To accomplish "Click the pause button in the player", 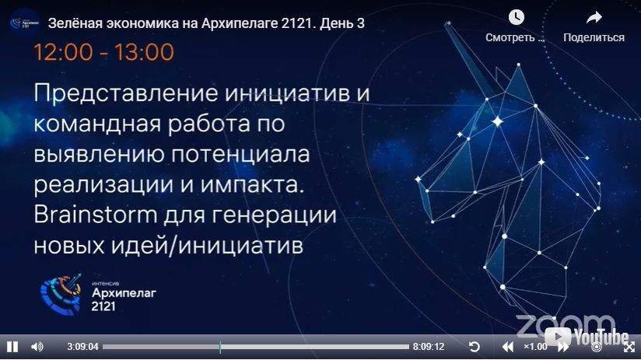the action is click(x=12, y=347).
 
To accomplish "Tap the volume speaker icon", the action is click(x=37, y=347).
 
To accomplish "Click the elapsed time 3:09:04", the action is click(x=82, y=347).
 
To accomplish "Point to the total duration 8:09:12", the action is click(x=428, y=347).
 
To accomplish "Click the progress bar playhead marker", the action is click(x=220, y=347).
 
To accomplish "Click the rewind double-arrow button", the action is click(x=507, y=347).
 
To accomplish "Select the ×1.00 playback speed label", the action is click(x=535, y=347).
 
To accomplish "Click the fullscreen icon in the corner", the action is click(x=629, y=347).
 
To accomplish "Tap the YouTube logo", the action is click(x=587, y=337).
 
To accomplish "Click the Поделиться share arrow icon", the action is click(x=594, y=17).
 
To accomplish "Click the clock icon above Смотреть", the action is click(x=517, y=17).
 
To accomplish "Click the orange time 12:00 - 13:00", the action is click(x=103, y=52).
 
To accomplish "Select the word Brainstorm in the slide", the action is click(x=95, y=215).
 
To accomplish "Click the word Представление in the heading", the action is click(x=126, y=93).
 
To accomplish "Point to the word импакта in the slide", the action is click(x=252, y=186).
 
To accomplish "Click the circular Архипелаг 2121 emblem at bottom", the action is click(x=61, y=294).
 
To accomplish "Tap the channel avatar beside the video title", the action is click(x=25, y=23).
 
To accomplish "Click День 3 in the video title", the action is click(x=342, y=23).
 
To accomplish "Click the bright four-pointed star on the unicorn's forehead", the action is click(x=498, y=121).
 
